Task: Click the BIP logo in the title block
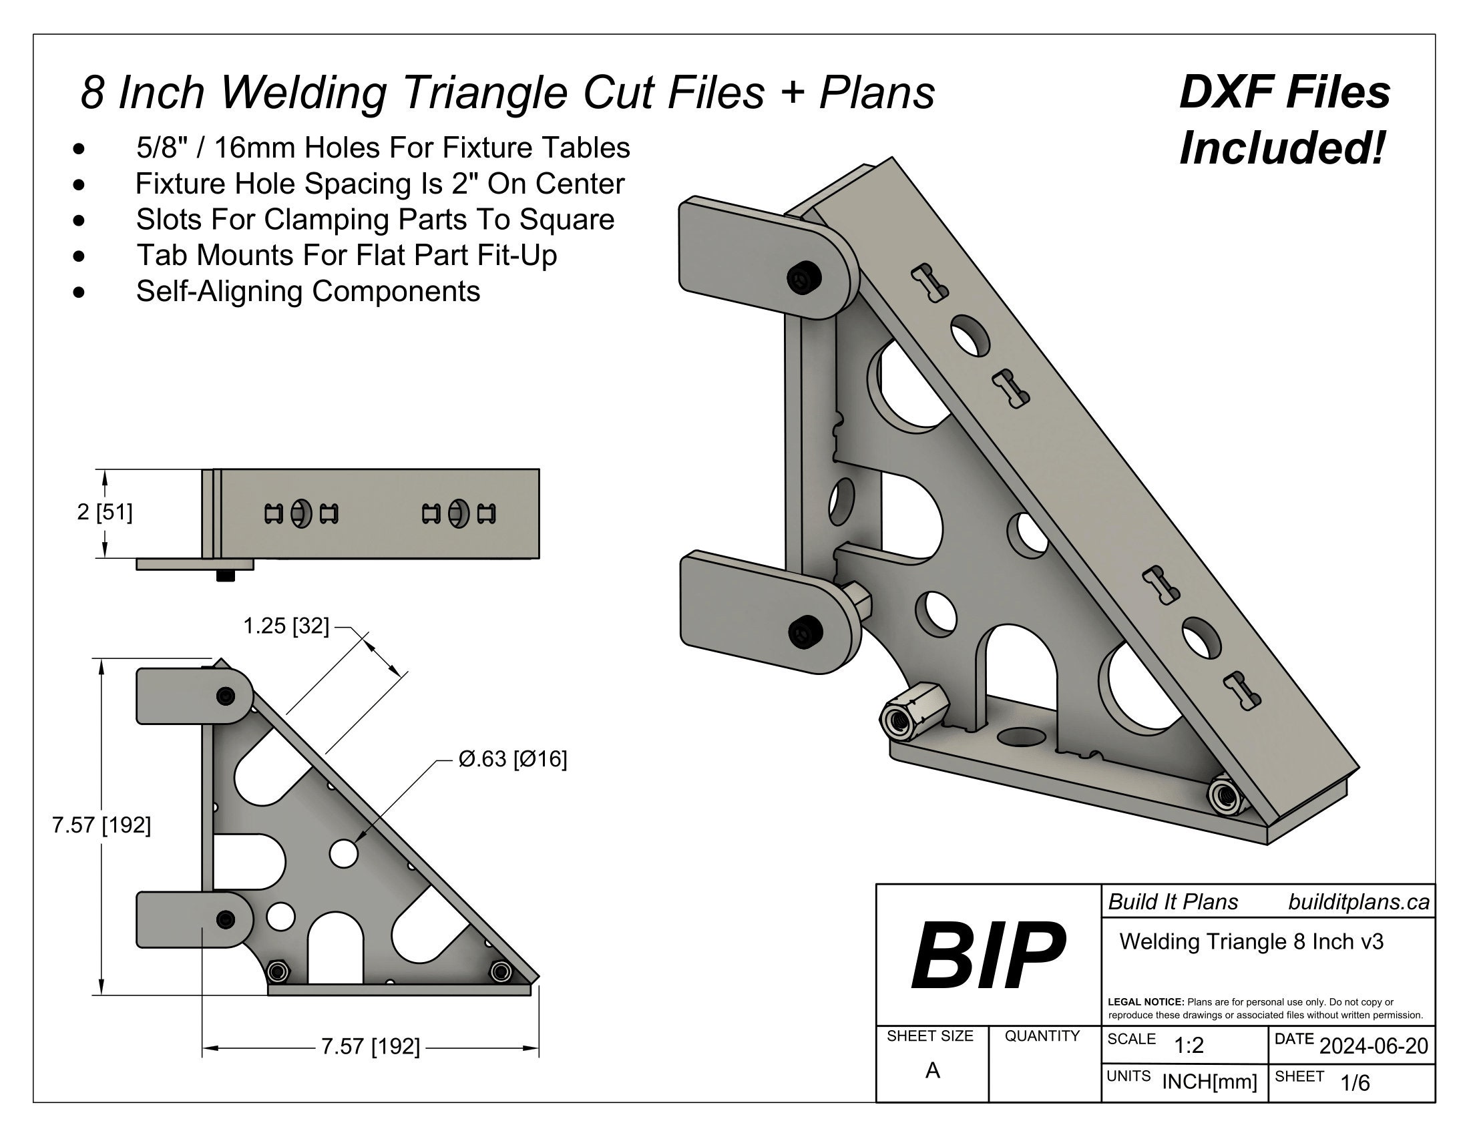988,955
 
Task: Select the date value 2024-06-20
1373,1046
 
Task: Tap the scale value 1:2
1189,1045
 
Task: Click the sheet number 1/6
1355,1082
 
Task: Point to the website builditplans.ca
1358,902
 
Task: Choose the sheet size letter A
932,1070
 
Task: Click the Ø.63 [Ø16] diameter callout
513,759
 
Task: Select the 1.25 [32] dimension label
286,626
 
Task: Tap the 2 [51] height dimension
104,512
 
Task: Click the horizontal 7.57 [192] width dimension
370,1047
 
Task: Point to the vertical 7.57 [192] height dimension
101,825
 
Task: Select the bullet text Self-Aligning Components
308,291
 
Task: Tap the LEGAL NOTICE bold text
1144,1002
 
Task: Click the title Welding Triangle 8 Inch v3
1251,941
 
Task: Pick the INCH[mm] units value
1209,1082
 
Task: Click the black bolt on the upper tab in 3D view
805,278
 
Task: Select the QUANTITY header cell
1042,1036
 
